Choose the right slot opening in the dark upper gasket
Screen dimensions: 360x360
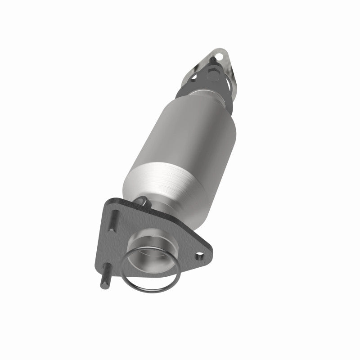tap(229, 84)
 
